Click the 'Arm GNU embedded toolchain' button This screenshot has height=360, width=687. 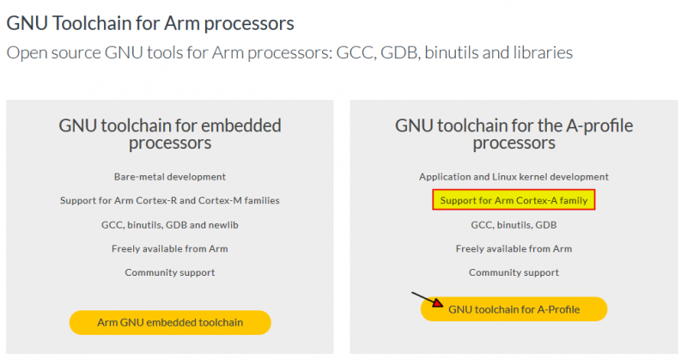(170, 322)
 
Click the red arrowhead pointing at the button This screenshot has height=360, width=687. (438, 303)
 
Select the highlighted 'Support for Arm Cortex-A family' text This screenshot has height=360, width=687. (514, 200)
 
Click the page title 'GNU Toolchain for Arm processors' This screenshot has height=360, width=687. (150, 22)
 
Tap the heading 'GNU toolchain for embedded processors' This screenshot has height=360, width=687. (170, 134)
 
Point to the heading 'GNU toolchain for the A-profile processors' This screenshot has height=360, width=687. (514, 134)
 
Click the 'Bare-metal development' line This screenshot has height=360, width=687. (170, 176)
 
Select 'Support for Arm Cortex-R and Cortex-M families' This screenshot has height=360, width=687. (170, 200)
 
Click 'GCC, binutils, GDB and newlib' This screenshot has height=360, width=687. (170, 224)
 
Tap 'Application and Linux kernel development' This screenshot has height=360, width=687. (514, 176)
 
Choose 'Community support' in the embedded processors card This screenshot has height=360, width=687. (170, 272)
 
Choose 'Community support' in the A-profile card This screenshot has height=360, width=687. (514, 272)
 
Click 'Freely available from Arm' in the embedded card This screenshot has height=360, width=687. (170, 248)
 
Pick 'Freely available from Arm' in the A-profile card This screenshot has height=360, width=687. (514, 248)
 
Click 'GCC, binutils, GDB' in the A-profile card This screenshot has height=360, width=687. (514, 224)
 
